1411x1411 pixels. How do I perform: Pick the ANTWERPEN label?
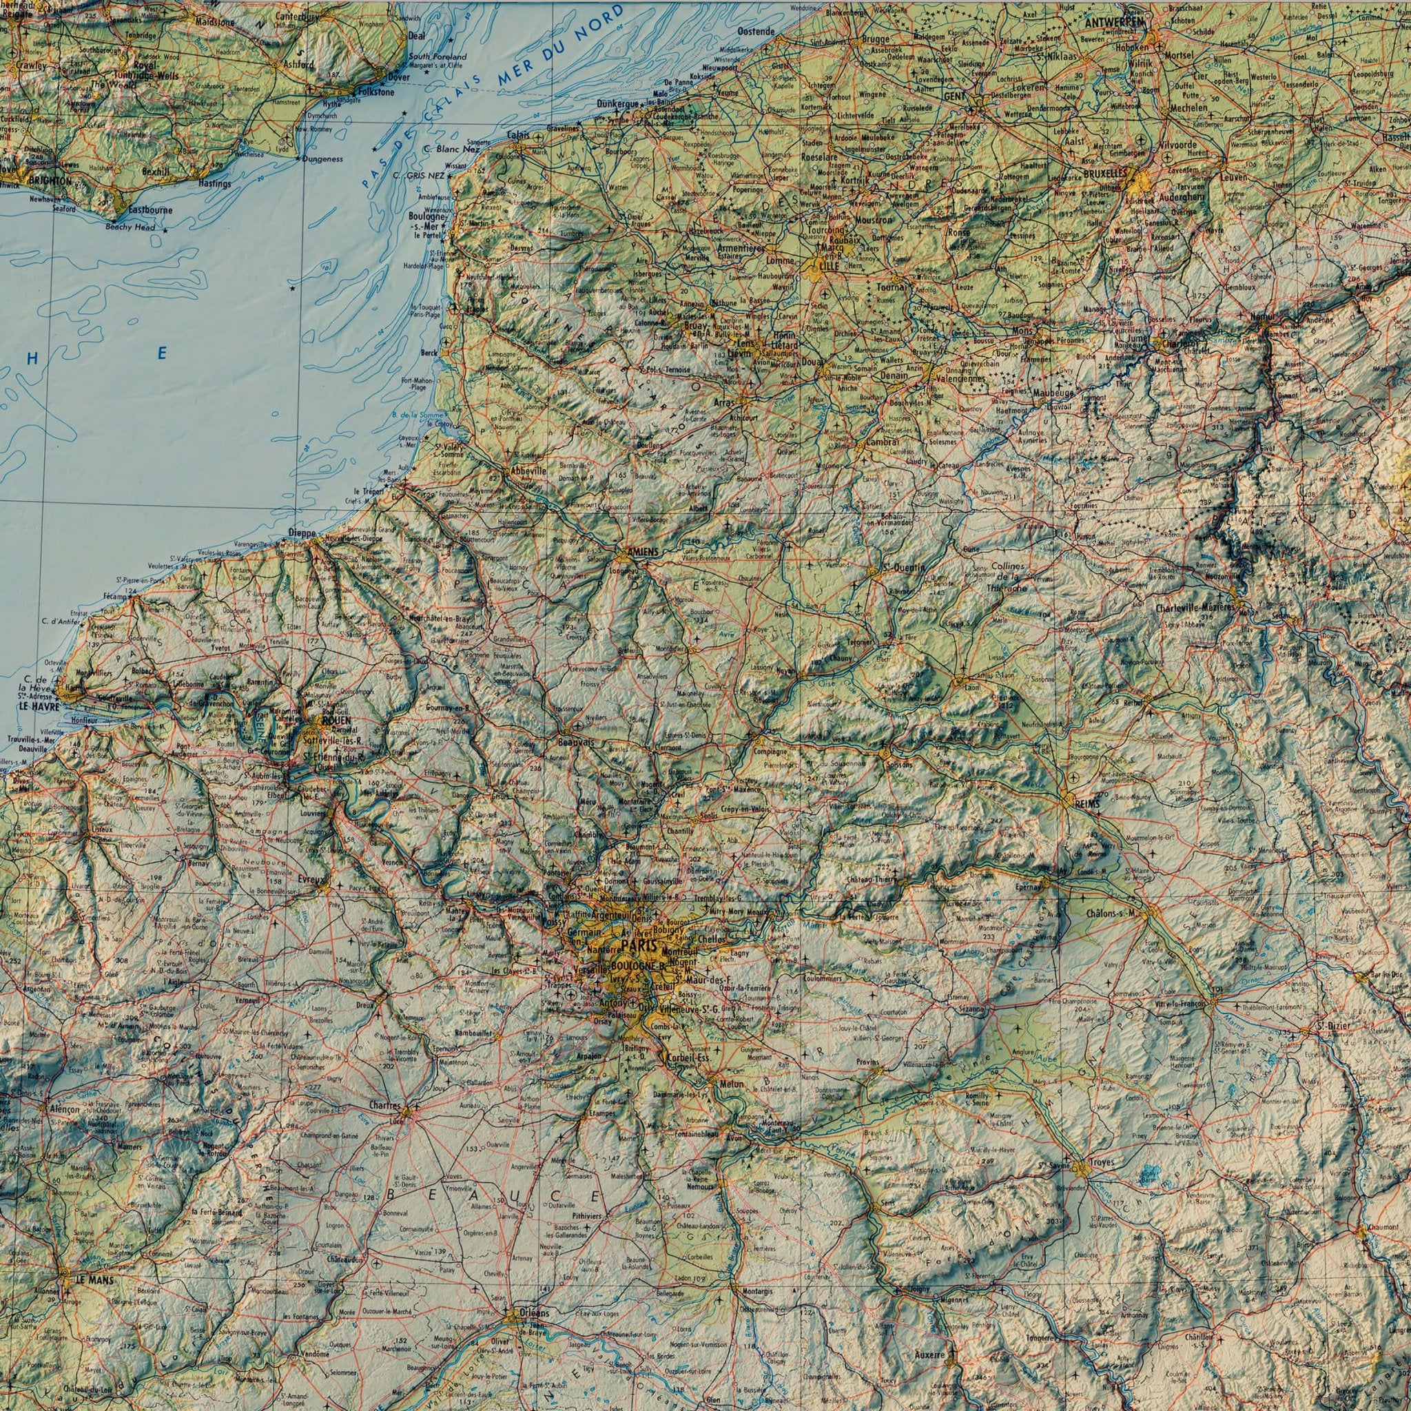point(1115,23)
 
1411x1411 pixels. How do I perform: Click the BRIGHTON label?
point(49,180)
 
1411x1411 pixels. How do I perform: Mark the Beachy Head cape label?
point(130,227)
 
